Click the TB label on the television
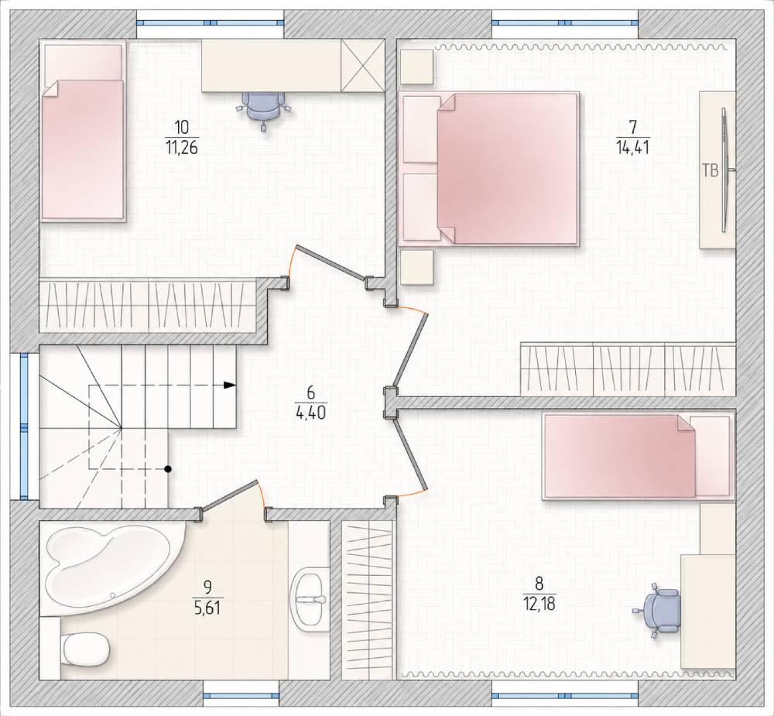pyautogui.click(x=710, y=171)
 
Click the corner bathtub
pyautogui.click(x=111, y=569)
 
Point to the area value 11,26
pyautogui.click(x=182, y=147)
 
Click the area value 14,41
pyautogui.click(x=632, y=147)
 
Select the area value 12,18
pyautogui.click(x=539, y=604)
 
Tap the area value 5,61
pyautogui.click(x=207, y=608)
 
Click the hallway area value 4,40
pyautogui.click(x=310, y=413)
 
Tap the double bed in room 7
pyautogui.click(x=488, y=169)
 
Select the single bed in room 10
pyautogui.click(x=83, y=131)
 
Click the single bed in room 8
pyautogui.click(x=637, y=456)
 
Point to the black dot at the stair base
pyautogui.click(x=168, y=468)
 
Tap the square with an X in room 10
pyautogui.click(x=363, y=66)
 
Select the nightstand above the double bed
pyautogui.click(x=417, y=67)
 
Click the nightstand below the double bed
pyautogui.click(x=417, y=267)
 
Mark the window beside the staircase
pyautogui.click(x=23, y=427)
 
